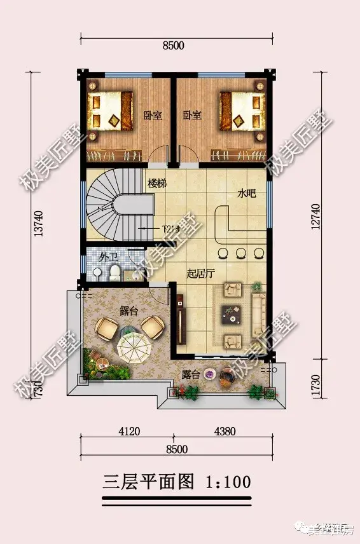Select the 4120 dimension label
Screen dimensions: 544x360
[128, 431]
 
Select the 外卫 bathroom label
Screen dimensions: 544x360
[108, 257]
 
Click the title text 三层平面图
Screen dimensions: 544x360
[148, 481]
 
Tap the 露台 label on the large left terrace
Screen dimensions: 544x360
[129, 311]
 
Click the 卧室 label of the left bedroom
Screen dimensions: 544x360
[153, 115]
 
